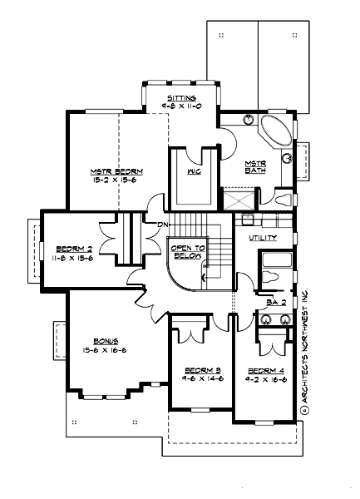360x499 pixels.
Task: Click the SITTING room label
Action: (x=181, y=98)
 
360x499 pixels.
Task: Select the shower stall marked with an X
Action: (x=238, y=199)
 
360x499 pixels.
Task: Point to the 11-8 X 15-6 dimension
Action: (x=73, y=258)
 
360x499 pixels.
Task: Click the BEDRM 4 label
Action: (x=264, y=368)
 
